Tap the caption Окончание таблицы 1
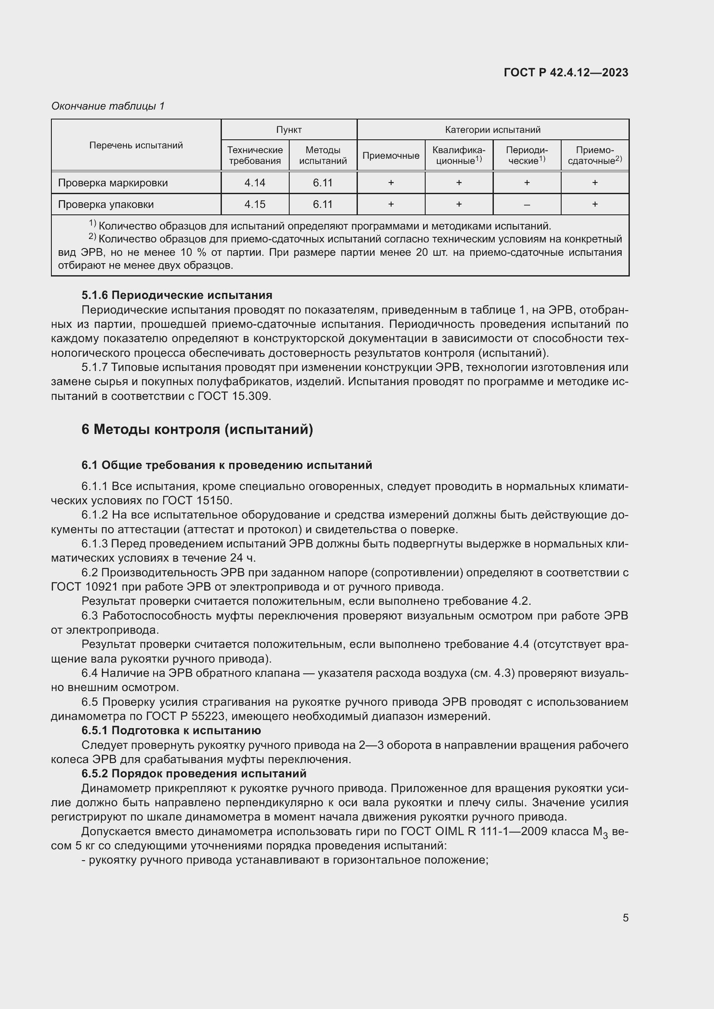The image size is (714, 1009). (108, 106)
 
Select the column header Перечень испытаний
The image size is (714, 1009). (136, 145)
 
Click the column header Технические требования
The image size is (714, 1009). (255, 156)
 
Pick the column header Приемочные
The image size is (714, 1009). (390, 156)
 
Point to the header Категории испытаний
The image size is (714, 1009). (493, 130)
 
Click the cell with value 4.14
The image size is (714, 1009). (255, 183)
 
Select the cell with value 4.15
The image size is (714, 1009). (255, 204)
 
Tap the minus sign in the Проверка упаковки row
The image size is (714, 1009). (527, 205)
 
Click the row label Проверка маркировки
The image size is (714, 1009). (113, 183)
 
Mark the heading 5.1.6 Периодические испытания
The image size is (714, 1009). (177, 295)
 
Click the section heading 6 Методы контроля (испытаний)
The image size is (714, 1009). (197, 429)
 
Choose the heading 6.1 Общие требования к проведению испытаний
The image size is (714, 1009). (227, 465)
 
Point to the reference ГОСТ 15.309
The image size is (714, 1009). (234, 396)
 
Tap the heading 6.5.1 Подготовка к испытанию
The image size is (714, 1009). (171, 730)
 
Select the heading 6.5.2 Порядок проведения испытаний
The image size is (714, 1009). (193, 773)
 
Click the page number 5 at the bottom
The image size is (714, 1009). (625, 918)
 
